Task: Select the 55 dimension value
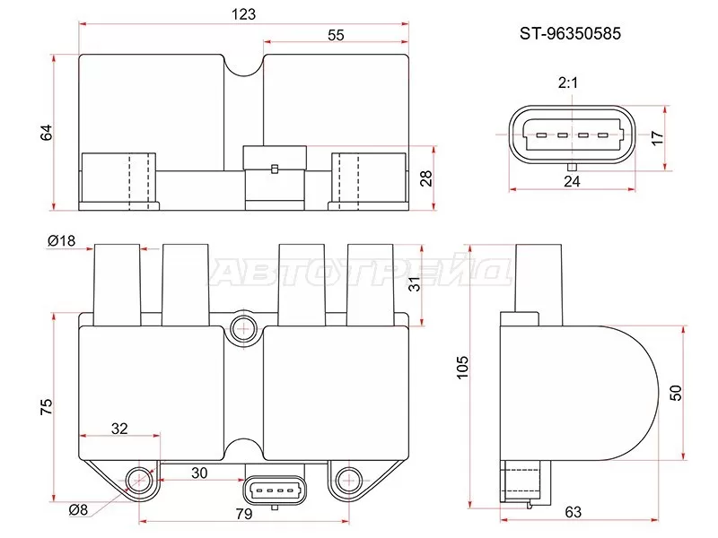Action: coord(336,35)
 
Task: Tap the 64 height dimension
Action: coord(47,132)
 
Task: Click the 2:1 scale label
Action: coord(568,83)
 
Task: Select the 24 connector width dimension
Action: coord(573,181)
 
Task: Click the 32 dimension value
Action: coord(119,429)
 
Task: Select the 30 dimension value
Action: coord(199,472)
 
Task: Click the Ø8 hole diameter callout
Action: coord(78,510)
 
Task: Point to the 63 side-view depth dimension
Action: coord(574,512)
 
